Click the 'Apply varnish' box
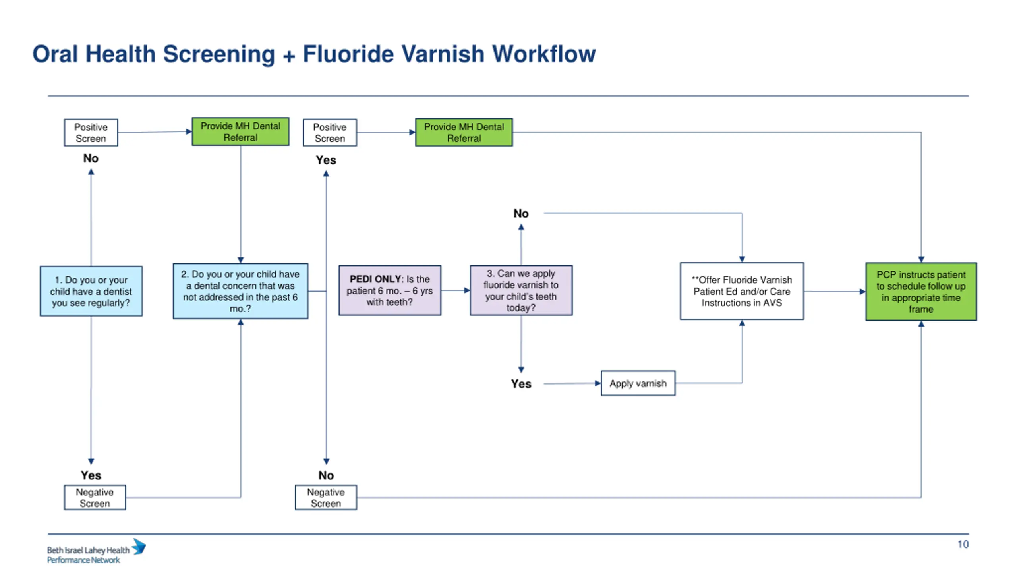click(638, 383)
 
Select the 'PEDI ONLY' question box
click(390, 290)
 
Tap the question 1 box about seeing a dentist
click(91, 291)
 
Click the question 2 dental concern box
click(240, 291)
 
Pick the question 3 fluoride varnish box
click(521, 290)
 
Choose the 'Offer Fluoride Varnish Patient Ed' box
click(742, 291)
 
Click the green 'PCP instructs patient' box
click(921, 292)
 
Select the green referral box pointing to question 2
click(240, 131)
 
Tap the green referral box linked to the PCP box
click(464, 132)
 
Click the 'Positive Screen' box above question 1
click(91, 133)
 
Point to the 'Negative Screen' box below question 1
click(95, 497)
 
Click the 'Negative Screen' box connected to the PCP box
click(326, 497)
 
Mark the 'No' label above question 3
click(521, 214)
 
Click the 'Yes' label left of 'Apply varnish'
click(521, 384)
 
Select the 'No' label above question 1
click(91, 158)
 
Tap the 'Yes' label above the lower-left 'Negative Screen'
click(91, 475)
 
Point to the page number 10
click(963, 544)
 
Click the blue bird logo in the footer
click(139, 547)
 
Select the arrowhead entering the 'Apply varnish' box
click(598, 383)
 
